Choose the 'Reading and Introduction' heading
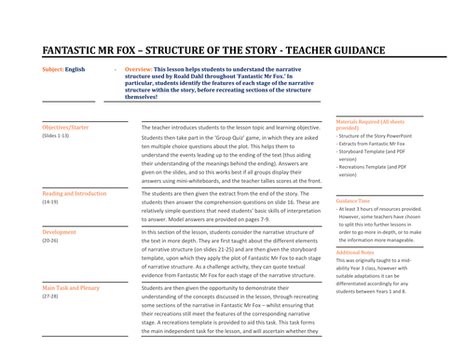(x=75, y=192)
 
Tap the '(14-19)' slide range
(x=50, y=201)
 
